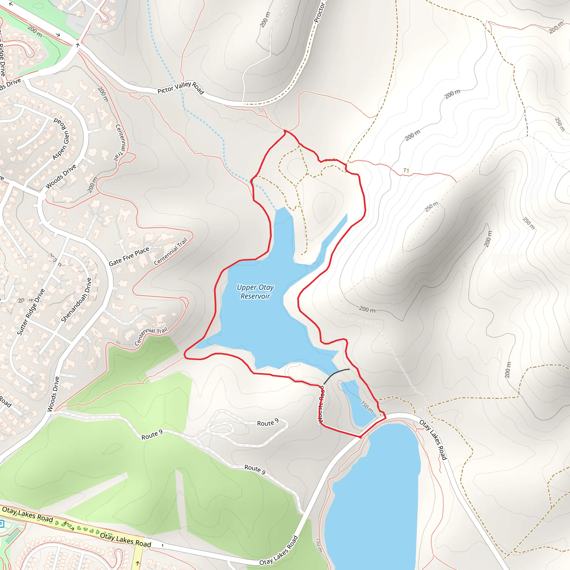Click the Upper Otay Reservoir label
click(x=255, y=292)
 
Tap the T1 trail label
click(x=406, y=171)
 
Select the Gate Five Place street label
click(x=129, y=257)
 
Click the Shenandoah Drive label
click(x=76, y=300)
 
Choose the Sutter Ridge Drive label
click(x=31, y=312)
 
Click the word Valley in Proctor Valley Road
click(x=183, y=85)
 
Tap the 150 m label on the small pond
click(x=367, y=407)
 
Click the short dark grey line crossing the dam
click(x=336, y=375)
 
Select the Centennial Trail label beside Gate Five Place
click(x=171, y=251)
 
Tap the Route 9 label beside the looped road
click(x=267, y=423)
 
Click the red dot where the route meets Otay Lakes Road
click(x=360, y=437)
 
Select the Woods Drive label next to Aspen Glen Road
click(x=61, y=176)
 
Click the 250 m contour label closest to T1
click(x=431, y=207)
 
